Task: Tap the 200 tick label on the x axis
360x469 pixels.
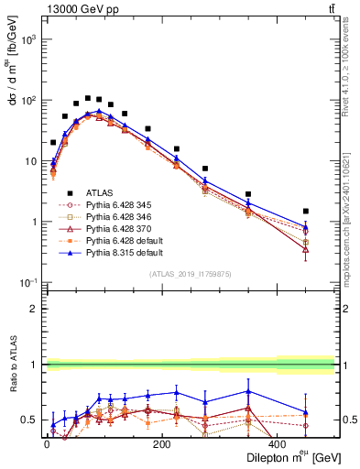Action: [x=161, y=444]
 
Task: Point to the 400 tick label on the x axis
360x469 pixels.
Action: [x=278, y=444]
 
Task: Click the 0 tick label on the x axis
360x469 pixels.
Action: [x=46, y=444]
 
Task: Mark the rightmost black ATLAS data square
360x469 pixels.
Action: [x=306, y=211]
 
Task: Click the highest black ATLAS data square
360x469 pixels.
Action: [x=88, y=98]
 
